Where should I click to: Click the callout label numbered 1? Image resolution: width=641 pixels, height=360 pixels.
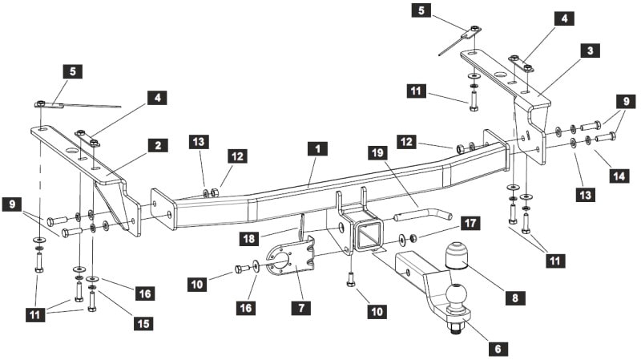[318, 149]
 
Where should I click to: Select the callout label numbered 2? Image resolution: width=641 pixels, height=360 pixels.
[158, 145]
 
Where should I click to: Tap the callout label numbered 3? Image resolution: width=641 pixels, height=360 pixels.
[590, 51]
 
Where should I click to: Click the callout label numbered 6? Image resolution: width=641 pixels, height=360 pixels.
[498, 348]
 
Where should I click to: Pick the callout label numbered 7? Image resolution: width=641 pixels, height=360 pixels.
[301, 307]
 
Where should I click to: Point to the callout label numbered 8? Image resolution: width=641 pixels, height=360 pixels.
[515, 297]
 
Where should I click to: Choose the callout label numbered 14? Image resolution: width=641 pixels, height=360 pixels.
[619, 176]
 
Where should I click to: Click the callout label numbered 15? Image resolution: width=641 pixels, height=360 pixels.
[143, 323]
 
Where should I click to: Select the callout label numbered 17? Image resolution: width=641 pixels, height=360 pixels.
[470, 224]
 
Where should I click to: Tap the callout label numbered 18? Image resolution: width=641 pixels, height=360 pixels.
[249, 238]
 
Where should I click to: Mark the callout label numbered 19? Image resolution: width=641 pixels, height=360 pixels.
[377, 153]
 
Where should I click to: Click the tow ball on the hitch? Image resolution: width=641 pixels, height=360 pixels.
[455, 295]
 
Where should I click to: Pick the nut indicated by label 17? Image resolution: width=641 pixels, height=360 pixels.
[413, 237]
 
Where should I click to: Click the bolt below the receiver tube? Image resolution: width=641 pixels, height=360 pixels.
[350, 280]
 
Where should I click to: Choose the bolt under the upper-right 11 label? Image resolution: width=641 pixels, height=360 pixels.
[474, 101]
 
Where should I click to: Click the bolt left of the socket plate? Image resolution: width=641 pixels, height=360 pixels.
[242, 269]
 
